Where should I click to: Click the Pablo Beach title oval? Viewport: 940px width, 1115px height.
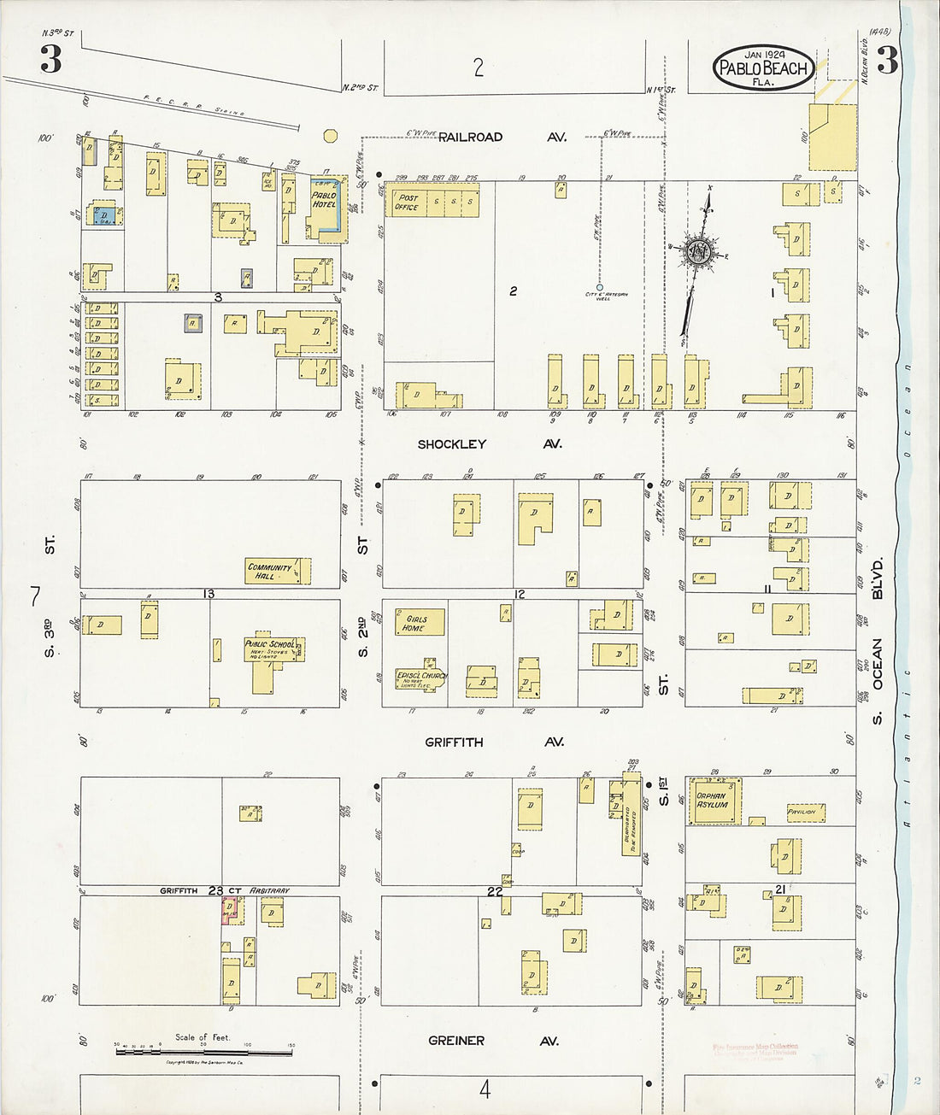763,67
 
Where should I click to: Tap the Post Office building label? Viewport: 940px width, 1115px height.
407,202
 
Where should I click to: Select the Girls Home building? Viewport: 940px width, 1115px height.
419,623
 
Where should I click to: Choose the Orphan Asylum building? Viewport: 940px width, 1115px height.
714,801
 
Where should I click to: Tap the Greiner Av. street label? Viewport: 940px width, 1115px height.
492,1041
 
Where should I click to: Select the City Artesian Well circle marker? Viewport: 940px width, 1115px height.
599,287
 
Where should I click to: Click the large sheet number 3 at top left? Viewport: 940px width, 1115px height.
50,59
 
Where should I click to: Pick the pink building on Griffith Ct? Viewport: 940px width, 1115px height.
229,911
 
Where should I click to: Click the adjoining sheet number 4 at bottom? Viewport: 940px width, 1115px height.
485,1089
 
